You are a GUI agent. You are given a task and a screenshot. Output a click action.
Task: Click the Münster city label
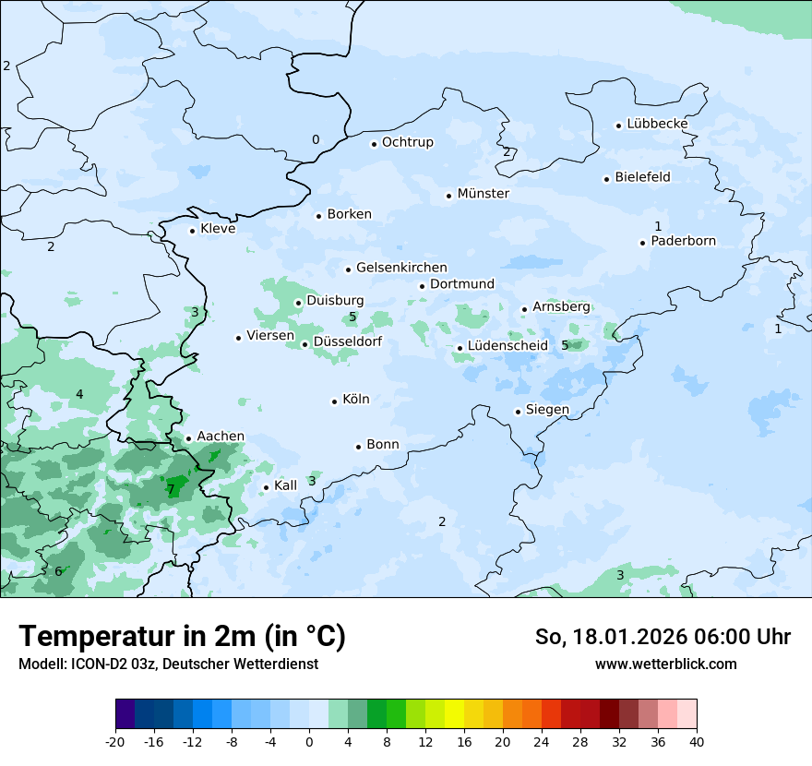483,194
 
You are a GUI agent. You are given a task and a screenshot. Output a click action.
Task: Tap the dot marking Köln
334,401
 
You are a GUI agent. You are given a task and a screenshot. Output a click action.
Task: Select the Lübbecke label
657,124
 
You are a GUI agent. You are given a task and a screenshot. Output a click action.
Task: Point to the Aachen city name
221,437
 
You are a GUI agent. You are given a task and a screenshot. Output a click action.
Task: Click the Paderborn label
683,241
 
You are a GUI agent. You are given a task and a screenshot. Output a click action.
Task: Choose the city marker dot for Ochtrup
374,144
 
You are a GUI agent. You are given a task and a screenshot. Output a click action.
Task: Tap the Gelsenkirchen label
401,268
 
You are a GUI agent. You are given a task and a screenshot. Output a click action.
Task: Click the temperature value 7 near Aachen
171,489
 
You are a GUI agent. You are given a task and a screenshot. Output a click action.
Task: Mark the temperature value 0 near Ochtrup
316,139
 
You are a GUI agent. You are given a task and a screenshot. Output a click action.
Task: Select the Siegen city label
547,410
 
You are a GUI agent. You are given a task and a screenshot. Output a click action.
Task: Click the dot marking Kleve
192,231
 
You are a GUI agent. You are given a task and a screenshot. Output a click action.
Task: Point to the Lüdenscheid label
507,346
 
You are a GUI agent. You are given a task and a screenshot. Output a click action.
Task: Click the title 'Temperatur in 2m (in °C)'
182,637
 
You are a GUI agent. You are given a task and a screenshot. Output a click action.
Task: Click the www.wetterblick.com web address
665,664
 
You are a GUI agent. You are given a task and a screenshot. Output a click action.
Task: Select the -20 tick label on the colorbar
115,741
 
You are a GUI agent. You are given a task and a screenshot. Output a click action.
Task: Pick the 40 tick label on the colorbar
697,741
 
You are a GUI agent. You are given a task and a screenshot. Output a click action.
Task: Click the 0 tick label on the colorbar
309,741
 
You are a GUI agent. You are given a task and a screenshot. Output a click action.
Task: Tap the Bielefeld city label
642,177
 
